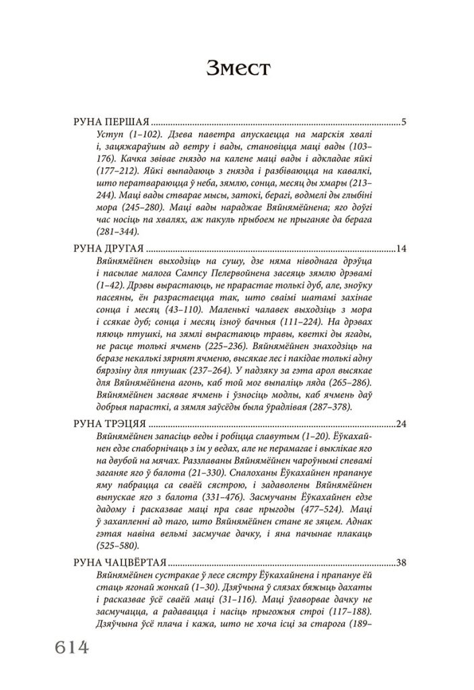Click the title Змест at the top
pyautogui.click(x=237, y=69)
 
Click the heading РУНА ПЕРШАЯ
pyautogui.click(x=110, y=123)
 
